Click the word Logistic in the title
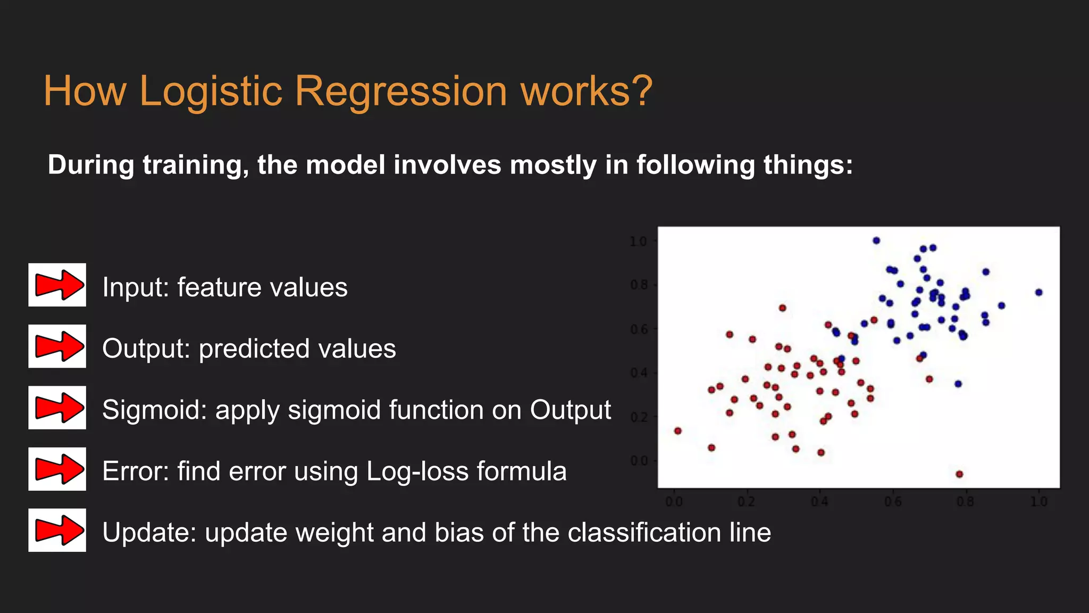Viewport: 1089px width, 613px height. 210,92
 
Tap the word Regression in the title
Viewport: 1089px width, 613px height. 400,92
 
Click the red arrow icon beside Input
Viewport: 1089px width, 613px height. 57,285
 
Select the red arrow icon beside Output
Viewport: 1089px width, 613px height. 57,346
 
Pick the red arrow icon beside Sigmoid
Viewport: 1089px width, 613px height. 57,408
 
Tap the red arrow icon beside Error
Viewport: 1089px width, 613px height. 57,469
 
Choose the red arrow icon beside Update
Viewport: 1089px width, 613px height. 57,530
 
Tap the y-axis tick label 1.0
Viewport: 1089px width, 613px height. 638,242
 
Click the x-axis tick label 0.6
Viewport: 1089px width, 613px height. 893,502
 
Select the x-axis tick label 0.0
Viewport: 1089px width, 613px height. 674,502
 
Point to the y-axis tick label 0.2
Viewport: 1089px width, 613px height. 638,417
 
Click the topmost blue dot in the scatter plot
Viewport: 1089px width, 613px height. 876,241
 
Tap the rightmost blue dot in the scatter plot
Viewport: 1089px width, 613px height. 1038,292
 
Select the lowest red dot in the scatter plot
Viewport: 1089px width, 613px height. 959,474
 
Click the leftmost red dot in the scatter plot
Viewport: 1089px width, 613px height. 677,430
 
